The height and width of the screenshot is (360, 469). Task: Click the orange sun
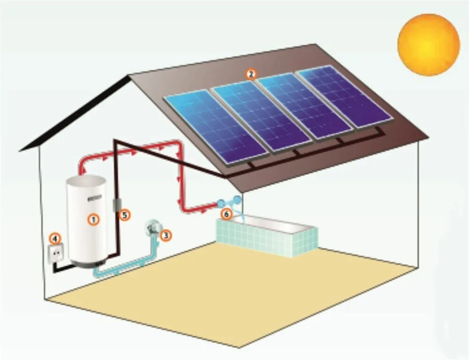click(x=428, y=44)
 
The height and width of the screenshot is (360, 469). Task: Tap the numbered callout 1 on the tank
click(x=94, y=219)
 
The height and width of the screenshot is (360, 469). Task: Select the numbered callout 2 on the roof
click(x=251, y=74)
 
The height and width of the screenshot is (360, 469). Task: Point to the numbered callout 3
click(x=165, y=235)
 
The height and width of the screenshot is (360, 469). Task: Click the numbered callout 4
click(x=55, y=239)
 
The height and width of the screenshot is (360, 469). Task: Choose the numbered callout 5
click(x=124, y=215)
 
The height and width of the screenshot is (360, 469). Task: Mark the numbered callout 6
click(x=226, y=214)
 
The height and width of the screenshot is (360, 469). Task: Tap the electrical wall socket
click(x=56, y=254)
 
